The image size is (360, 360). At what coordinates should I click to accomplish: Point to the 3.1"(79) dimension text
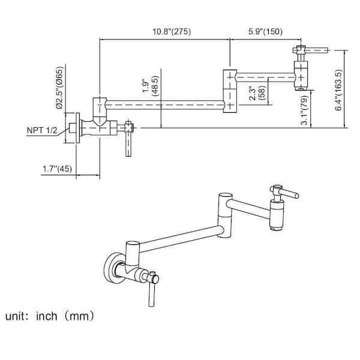click(x=305, y=110)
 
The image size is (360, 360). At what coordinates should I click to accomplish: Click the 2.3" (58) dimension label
click(x=256, y=95)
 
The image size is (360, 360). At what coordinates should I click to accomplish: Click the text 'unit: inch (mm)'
click(x=52, y=314)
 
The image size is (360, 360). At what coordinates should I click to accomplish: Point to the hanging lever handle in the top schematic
click(x=127, y=144)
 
